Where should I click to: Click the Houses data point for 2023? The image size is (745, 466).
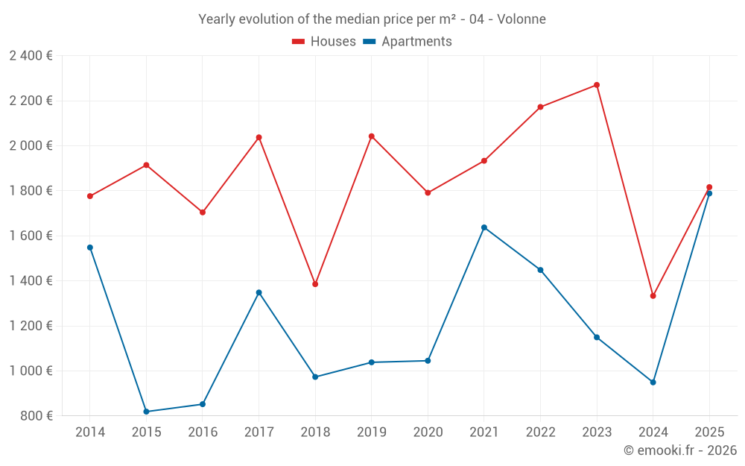pyautogui.click(x=597, y=85)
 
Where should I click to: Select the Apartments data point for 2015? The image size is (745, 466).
pyautogui.click(x=146, y=412)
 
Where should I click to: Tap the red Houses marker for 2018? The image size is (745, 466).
pyautogui.click(x=315, y=284)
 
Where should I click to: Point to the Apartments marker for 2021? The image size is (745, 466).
pyautogui.click(x=484, y=227)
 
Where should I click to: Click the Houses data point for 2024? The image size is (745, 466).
pyautogui.click(x=653, y=296)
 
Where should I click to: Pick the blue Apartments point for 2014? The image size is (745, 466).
pyautogui.click(x=90, y=248)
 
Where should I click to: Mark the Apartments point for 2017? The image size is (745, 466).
pyautogui.click(x=259, y=293)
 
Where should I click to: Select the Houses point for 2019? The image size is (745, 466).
pyautogui.click(x=372, y=136)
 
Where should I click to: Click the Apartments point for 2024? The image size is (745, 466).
pyautogui.click(x=653, y=382)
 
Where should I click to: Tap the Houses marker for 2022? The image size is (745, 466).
pyautogui.click(x=540, y=107)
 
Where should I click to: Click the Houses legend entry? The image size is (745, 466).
pyautogui.click(x=324, y=42)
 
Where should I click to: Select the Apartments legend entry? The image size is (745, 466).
pyautogui.click(x=408, y=42)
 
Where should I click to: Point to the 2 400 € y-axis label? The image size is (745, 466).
pyautogui.click(x=31, y=56)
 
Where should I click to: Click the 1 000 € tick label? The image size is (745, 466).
pyautogui.click(x=31, y=371)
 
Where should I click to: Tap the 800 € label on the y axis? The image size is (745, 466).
pyautogui.click(x=37, y=416)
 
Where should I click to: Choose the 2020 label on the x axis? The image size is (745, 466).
pyautogui.click(x=428, y=432)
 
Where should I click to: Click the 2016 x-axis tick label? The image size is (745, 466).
pyautogui.click(x=203, y=432)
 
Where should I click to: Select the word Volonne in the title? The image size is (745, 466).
pyautogui.click(x=521, y=19)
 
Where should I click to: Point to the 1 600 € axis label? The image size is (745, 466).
pyautogui.click(x=31, y=236)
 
